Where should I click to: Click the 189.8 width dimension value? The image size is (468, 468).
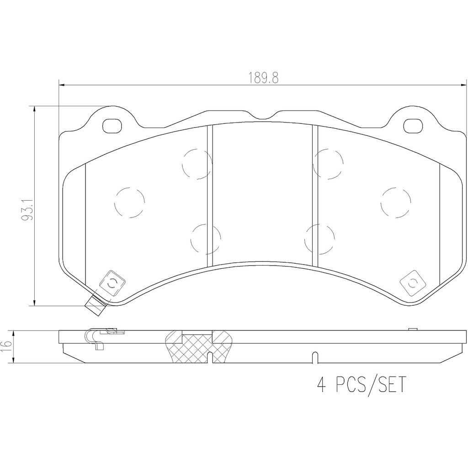[x=264, y=79]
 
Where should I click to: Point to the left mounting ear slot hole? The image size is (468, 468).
[x=112, y=126]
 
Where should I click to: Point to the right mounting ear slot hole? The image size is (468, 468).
[x=413, y=126]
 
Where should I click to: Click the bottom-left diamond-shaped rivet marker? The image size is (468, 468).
[x=112, y=283]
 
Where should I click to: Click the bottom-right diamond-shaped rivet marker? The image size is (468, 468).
[x=413, y=283]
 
